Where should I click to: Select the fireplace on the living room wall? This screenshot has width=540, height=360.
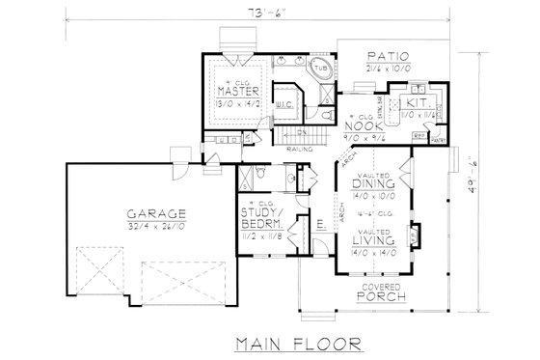click(x=414, y=234)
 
